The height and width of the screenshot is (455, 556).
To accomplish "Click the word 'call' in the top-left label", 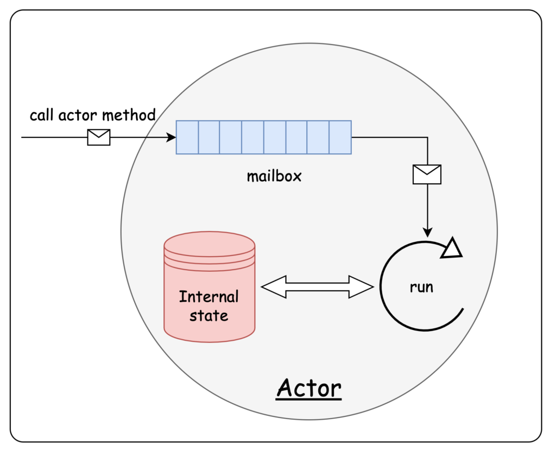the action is click(x=42, y=115).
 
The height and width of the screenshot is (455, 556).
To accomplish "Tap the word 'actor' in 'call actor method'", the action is click(x=78, y=116).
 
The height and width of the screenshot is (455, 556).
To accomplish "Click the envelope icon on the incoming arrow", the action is click(x=99, y=138).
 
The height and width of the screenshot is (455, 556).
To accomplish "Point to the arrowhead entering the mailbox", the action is click(x=171, y=138).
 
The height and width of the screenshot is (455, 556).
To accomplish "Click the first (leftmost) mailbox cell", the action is click(x=187, y=138).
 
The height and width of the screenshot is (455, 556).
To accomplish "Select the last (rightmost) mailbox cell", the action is click(x=340, y=138).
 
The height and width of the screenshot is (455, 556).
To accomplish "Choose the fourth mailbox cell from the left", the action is click(x=253, y=138).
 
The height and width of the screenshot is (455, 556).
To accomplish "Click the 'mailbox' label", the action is click(x=274, y=176).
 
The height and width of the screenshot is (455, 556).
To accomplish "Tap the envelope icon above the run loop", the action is click(x=427, y=174).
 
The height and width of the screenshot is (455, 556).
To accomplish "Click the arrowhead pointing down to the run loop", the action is click(x=428, y=233).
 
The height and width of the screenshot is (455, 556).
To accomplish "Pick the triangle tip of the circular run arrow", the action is click(x=452, y=248).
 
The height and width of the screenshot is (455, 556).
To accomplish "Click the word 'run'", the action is click(x=421, y=288).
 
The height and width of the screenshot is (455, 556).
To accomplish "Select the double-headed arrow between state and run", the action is click(x=317, y=287).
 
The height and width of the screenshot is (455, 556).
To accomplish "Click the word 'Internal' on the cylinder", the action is click(x=209, y=297).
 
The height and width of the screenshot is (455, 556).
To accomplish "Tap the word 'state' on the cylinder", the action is click(x=209, y=315).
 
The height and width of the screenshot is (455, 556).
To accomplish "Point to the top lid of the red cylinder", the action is click(x=210, y=244).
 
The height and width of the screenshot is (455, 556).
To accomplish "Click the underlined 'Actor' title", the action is click(x=309, y=389).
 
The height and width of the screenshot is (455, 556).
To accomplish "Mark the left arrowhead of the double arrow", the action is click(x=274, y=287).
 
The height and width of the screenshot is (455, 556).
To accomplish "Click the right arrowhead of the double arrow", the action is click(x=361, y=287).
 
